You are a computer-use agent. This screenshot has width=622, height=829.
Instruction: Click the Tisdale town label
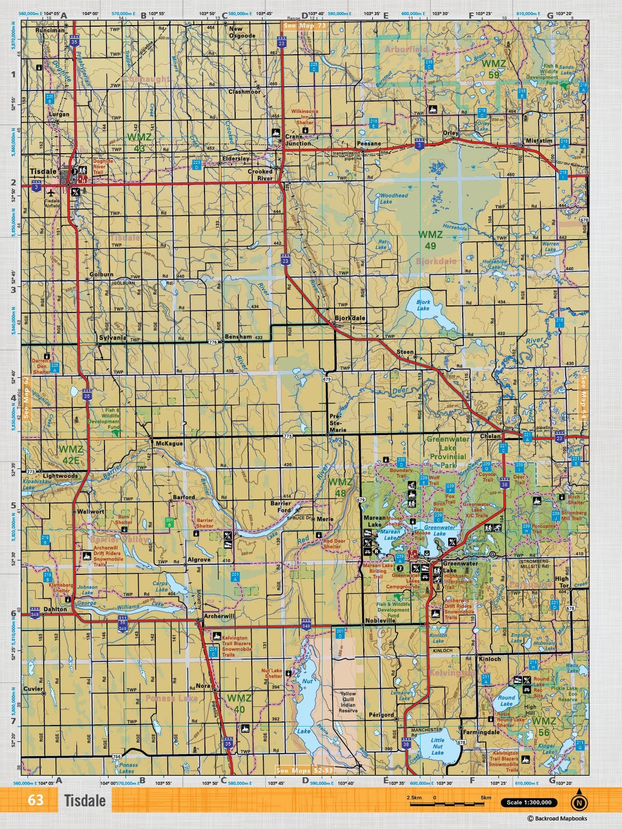(x=43, y=172)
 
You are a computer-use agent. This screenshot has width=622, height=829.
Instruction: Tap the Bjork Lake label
(x=423, y=305)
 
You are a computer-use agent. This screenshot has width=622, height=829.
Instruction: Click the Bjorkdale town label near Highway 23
(x=350, y=318)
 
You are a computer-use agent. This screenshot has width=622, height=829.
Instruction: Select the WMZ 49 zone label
(x=430, y=240)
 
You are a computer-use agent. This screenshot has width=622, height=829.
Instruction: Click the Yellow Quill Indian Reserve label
(x=348, y=702)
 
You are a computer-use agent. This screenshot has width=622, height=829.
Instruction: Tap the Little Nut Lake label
(x=438, y=746)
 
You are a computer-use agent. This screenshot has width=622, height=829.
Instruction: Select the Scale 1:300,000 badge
(x=529, y=803)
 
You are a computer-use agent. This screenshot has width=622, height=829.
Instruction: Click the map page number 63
(x=35, y=800)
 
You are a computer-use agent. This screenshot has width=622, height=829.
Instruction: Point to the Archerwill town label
(x=219, y=616)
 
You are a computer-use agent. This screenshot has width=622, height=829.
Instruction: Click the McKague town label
(x=169, y=443)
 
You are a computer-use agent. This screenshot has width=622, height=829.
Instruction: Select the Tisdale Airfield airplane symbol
(x=51, y=193)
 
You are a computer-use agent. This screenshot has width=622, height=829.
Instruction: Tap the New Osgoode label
(x=242, y=32)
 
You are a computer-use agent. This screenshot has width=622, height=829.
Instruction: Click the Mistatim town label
(x=539, y=140)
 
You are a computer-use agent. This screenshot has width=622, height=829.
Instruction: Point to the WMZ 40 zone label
(x=239, y=703)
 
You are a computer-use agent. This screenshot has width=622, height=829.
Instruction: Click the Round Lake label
(x=506, y=701)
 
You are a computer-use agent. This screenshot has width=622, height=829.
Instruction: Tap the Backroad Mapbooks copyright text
(x=557, y=819)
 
